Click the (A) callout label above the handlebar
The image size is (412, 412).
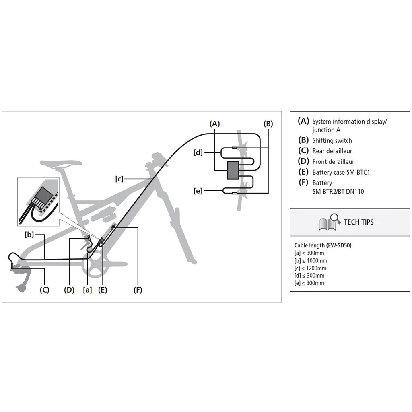tap(214, 124)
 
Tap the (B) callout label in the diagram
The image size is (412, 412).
tap(268, 124)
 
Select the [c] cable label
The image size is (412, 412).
tap(119, 179)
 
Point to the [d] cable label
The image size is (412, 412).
tap(198, 152)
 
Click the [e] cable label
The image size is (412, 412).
tap(198, 191)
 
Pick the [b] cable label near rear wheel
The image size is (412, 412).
tap(29, 235)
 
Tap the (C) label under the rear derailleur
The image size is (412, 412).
tap(44, 290)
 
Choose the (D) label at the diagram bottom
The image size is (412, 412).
tap(69, 290)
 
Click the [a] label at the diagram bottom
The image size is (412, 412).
tap(87, 290)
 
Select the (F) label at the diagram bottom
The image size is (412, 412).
tap(138, 290)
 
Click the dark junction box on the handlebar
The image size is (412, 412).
tap(233, 171)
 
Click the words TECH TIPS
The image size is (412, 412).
tap(358, 222)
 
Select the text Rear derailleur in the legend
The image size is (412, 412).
tap(332, 151)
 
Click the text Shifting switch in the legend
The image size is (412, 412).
tap(332, 140)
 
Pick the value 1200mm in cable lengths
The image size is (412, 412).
tap(316, 268)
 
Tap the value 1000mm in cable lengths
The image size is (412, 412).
tap(317, 261)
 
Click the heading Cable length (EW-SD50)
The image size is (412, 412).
tap(323, 245)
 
